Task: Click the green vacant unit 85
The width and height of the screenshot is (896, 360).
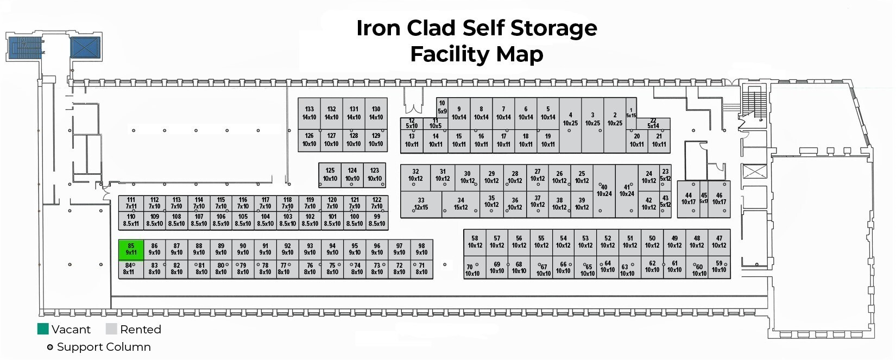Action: pyautogui.click(x=131, y=250)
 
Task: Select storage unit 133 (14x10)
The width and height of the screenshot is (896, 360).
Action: pyautogui.click(x=309, y=113)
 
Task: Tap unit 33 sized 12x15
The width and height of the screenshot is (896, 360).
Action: pyautogui.click(x=421, y=204)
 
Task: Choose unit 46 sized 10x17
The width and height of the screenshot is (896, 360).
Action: pyautogui.click(x=719, y=199)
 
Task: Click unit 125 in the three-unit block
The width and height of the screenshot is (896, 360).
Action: pyautogui.click(x=330, y=175)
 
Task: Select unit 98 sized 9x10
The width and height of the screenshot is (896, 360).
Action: pyautogui.click(x=421, y=249)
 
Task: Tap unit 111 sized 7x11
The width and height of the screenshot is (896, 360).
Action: pyautogui.click(x=131, y=203)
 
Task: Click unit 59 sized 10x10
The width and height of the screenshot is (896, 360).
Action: pyautogui.click(x=719, y=267)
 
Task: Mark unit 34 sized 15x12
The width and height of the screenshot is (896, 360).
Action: pyautogui.click(x=460, y=204)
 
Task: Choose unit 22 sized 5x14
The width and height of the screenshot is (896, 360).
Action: pyautogui.click(x=653, y=124)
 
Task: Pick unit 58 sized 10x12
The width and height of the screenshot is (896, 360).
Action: pyautogui.click(x=475, y=242)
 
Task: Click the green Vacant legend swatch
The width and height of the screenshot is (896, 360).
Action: pyautogui.click(x=43, y=329)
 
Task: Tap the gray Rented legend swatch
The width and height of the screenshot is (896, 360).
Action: pyautogui.click(x=111, y=329)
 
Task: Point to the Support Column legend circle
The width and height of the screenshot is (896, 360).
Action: pyautogui.click(x=50, y=347)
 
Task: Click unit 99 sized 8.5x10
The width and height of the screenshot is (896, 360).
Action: pyautogui.click(x=377, y=220)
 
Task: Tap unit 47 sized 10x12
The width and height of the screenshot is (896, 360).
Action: pyautogui.click(x=719, y=242)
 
